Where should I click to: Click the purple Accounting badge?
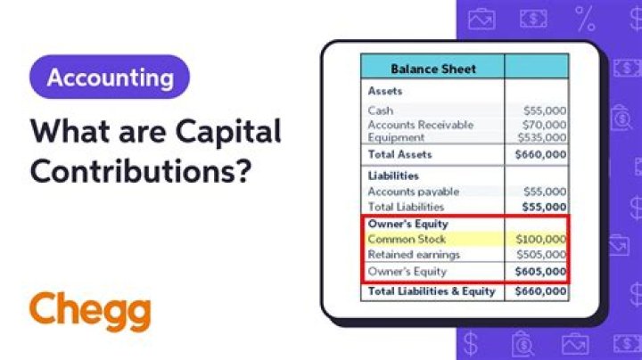(110, 78)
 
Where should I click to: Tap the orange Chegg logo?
(89, 311)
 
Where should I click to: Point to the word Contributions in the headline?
(139, 169)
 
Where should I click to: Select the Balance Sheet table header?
(433, 69)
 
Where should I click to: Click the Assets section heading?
(385, 91)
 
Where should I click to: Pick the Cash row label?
(381, 110)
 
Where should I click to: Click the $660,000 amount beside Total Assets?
(540, 154)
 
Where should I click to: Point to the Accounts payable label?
(414, 192)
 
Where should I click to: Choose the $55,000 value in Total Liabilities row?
(543, 207)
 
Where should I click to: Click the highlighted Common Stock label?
(407, 240)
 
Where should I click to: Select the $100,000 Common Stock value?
(540, 240)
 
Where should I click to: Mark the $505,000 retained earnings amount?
(540, 255)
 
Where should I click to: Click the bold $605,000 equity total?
(540, 272)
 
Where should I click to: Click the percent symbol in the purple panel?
(585, 18)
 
